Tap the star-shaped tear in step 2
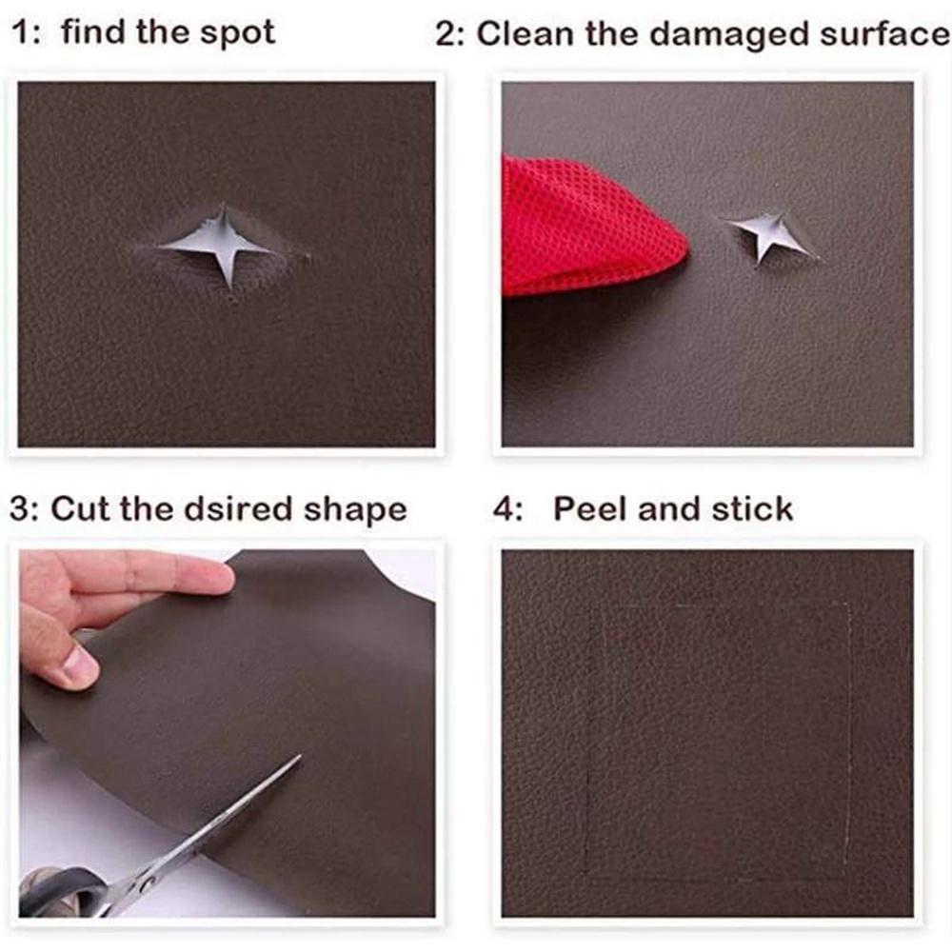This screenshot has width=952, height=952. pyautogui.click(x=771, y=234)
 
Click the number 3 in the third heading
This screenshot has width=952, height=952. pyautogui.click(x=21, y=508)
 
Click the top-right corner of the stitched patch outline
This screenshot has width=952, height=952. pyautogui.click(x=848, y=604)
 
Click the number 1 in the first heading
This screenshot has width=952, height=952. pyautogui.click(x=21, y=33)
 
